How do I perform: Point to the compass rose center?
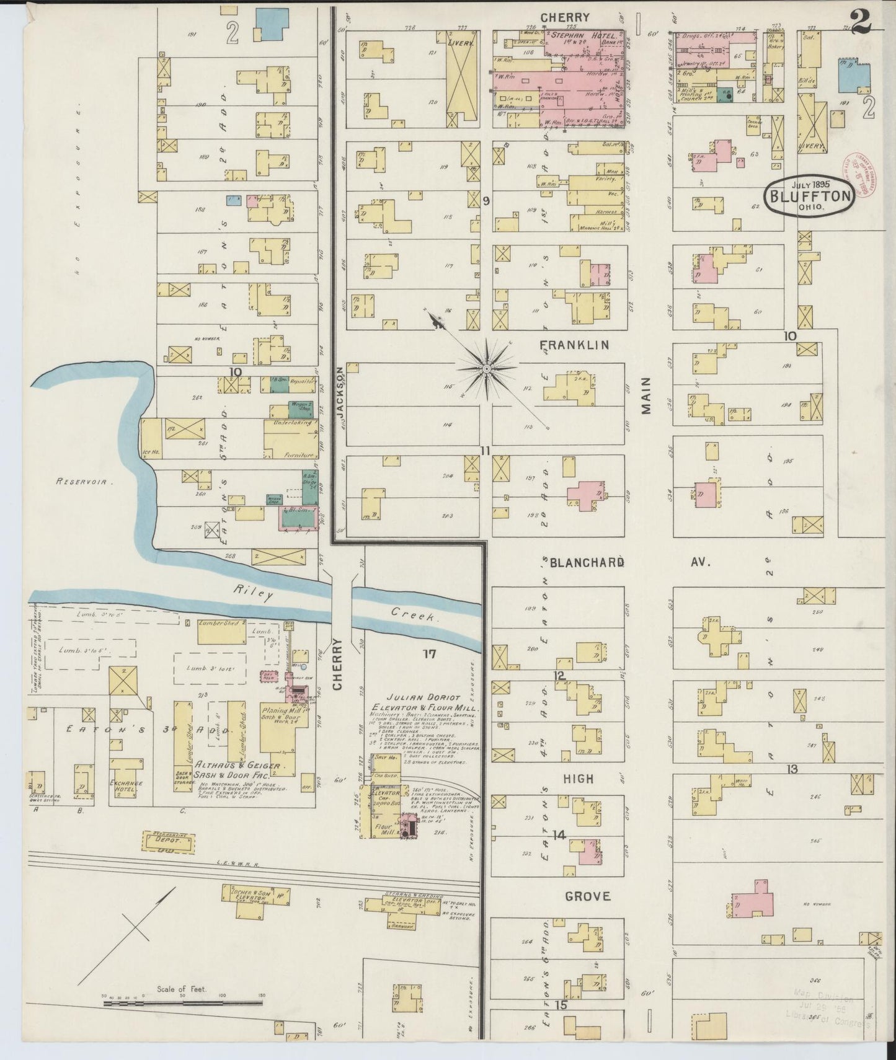pyautogui.click(x=487, y=369)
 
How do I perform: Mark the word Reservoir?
pyautogui.click(x=82, y=480)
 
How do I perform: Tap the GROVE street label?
pyautogui.click(x=587, y=896)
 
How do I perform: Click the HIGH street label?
pyautogui.click(x=578, y=779)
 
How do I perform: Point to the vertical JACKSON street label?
pyautogui.click(x=340, y=397)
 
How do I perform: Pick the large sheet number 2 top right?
pyautogui.click(x=861, y=24)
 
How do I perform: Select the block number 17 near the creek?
pyautogui.click(x=430, y=653)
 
